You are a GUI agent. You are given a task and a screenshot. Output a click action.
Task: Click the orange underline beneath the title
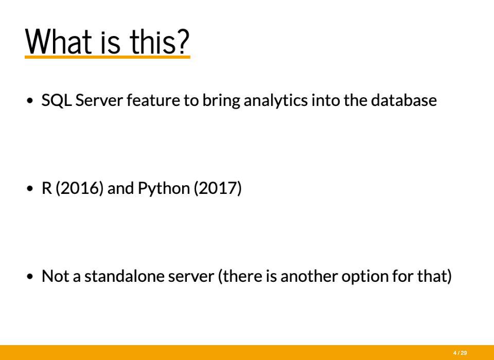(108, 57)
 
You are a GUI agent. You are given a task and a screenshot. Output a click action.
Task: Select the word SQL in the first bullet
(57, 100)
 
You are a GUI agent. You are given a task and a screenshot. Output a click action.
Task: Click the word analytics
(276, 101)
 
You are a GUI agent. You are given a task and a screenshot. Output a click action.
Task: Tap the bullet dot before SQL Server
(30, 101)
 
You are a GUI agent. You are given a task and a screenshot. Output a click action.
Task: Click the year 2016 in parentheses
(79, 188)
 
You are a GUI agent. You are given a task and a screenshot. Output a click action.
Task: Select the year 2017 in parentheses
(218, 188)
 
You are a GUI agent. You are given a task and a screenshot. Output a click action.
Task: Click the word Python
(164, 188)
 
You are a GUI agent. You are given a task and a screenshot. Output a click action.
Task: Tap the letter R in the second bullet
(47, 188)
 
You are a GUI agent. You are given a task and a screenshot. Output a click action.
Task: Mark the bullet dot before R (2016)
(30, 189)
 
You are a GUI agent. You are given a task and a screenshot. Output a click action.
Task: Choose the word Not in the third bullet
(56, 276)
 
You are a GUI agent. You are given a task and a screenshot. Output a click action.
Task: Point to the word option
(365, 276)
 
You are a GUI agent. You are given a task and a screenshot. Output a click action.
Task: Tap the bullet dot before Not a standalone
(30, 277)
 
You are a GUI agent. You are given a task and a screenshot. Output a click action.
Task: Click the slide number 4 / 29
(460, 353)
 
